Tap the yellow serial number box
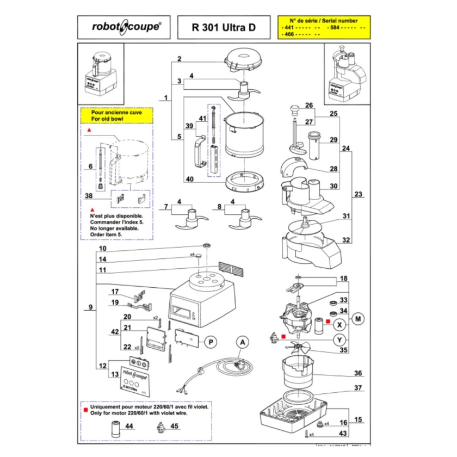(x=323, y=26)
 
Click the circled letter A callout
(x=242, y=341)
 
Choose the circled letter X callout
(x=339, y=324)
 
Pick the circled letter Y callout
(x=339, y=339)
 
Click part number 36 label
(x=357, y=373)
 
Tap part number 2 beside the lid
(x=179, y=58)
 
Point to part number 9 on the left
(x=90, y=308)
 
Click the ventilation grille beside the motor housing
(x=228, y=267)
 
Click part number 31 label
(x=346, y=216)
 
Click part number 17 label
(x=115, y=291)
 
